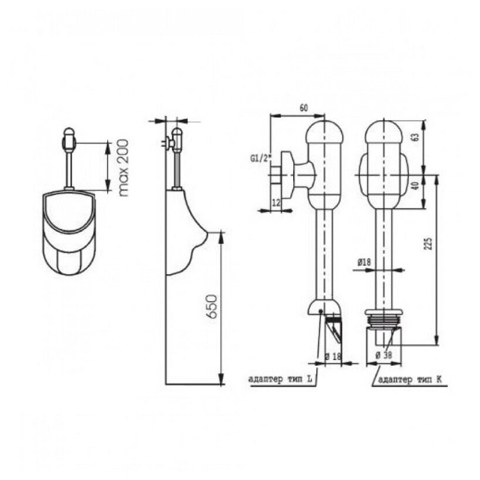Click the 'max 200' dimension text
click(123, 167)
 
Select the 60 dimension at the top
click(303, 107)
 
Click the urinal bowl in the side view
click(184, 234)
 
